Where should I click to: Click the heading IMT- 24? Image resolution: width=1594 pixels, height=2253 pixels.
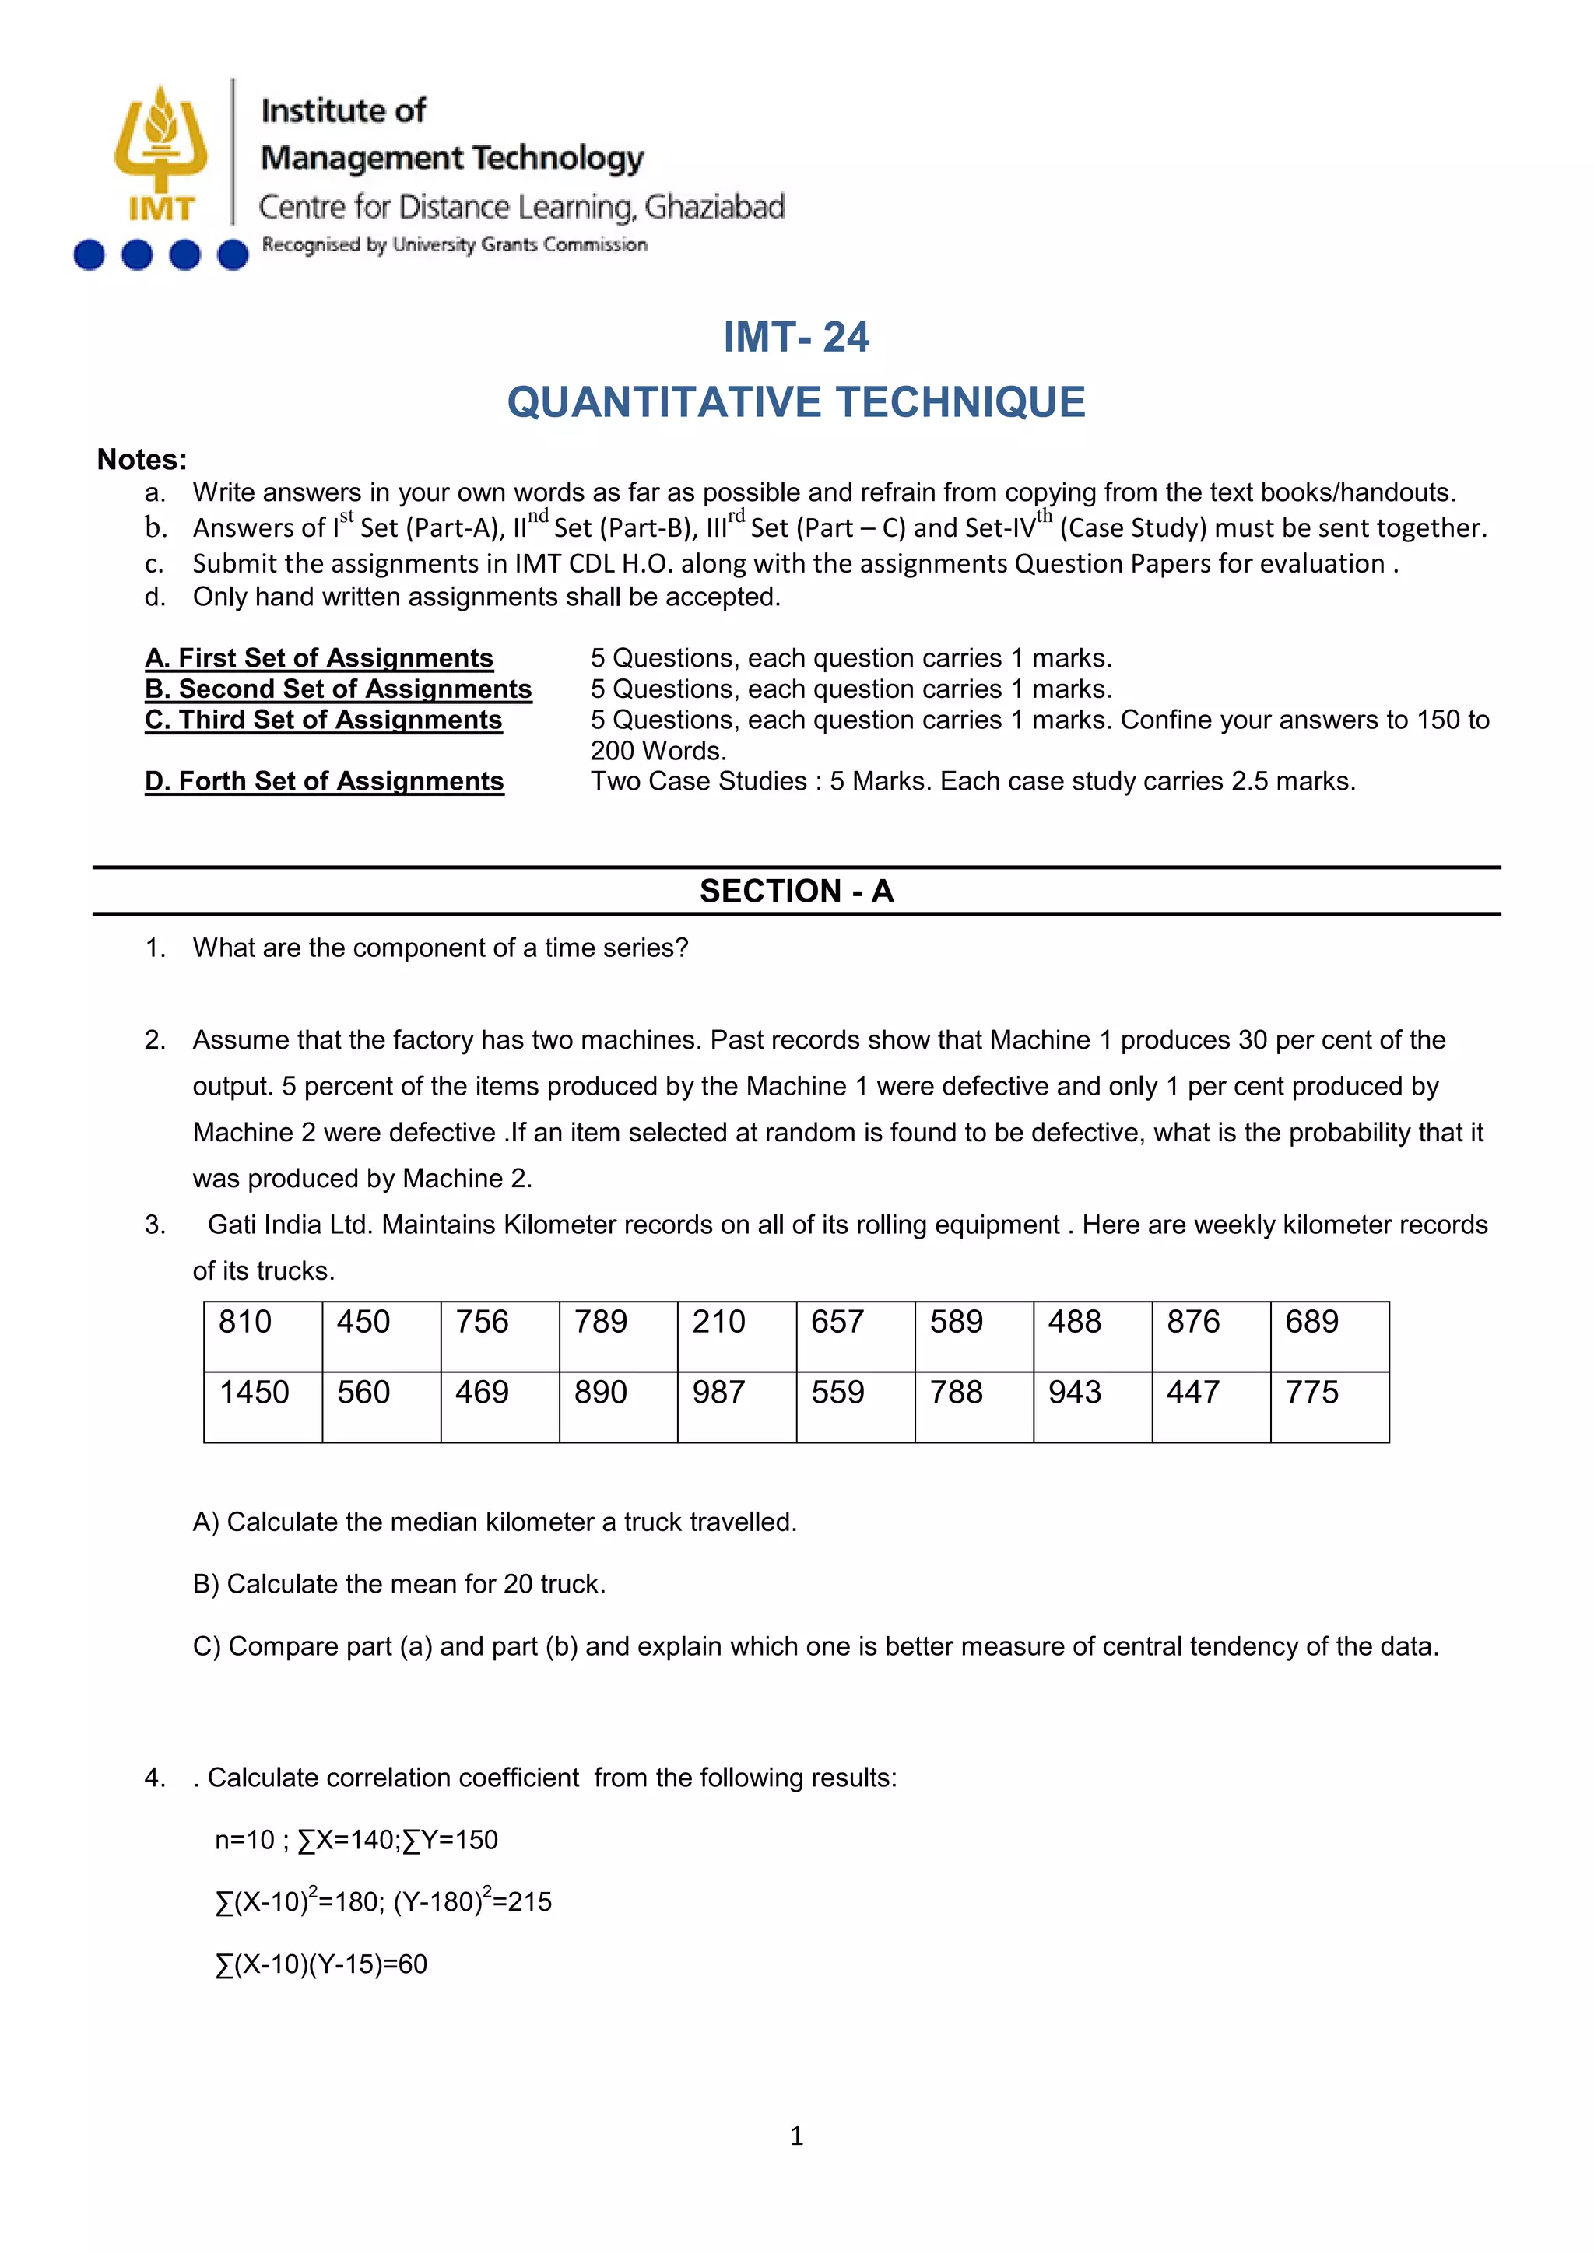796,338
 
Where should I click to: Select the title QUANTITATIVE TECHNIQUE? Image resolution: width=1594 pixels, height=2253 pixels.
796,402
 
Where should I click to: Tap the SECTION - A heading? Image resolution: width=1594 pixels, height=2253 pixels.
796,891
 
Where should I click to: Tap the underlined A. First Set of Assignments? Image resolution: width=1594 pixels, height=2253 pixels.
319,657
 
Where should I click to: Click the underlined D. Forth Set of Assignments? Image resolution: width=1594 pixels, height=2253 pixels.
324,781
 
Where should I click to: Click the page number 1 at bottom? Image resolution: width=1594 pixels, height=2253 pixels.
796,2136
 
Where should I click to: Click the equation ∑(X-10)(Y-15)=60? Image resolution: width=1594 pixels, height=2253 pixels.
321,1964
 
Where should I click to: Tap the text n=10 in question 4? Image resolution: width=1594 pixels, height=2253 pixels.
244,1840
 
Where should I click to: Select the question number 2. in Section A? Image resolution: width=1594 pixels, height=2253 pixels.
155,1040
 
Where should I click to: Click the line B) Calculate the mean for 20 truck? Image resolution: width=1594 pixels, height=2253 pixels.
398,1584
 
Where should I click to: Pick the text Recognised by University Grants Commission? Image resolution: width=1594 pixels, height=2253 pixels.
455,244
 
